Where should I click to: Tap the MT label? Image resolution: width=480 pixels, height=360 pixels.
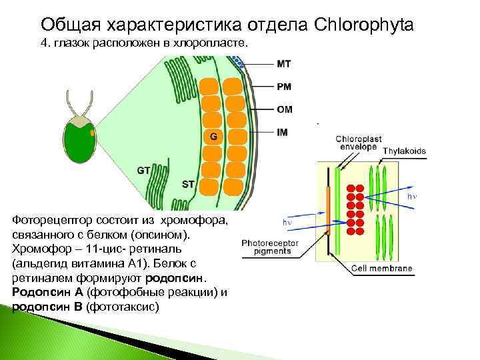283,64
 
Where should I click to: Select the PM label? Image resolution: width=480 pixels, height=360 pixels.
283,87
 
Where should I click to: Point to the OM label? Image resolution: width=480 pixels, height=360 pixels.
283,110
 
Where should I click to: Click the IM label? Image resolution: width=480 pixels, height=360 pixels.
282,132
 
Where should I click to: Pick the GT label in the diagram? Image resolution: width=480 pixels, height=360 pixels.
143,170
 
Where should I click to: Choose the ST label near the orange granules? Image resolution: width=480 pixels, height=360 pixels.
188,183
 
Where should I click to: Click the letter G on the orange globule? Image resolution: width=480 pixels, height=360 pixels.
213,137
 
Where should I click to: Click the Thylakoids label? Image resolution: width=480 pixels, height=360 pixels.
404,151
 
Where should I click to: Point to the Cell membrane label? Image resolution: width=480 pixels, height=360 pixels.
383,269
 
